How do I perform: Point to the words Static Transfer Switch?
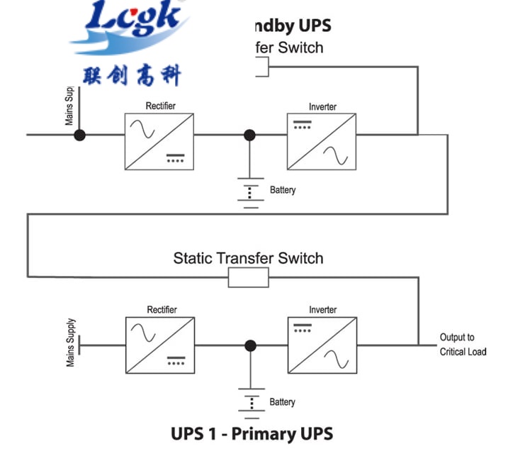248,257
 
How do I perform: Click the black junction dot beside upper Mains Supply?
80,135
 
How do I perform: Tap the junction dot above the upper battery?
249,135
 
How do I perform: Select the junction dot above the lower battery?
250,345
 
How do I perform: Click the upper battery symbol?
249,191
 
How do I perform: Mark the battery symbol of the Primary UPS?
250,401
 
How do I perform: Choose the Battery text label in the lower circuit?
282,402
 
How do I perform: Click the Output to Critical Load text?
463,345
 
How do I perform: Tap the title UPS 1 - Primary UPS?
252,433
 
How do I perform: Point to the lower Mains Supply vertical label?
71,342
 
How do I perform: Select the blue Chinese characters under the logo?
132,74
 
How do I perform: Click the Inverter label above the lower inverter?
322,310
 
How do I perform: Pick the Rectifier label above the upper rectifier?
160,106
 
